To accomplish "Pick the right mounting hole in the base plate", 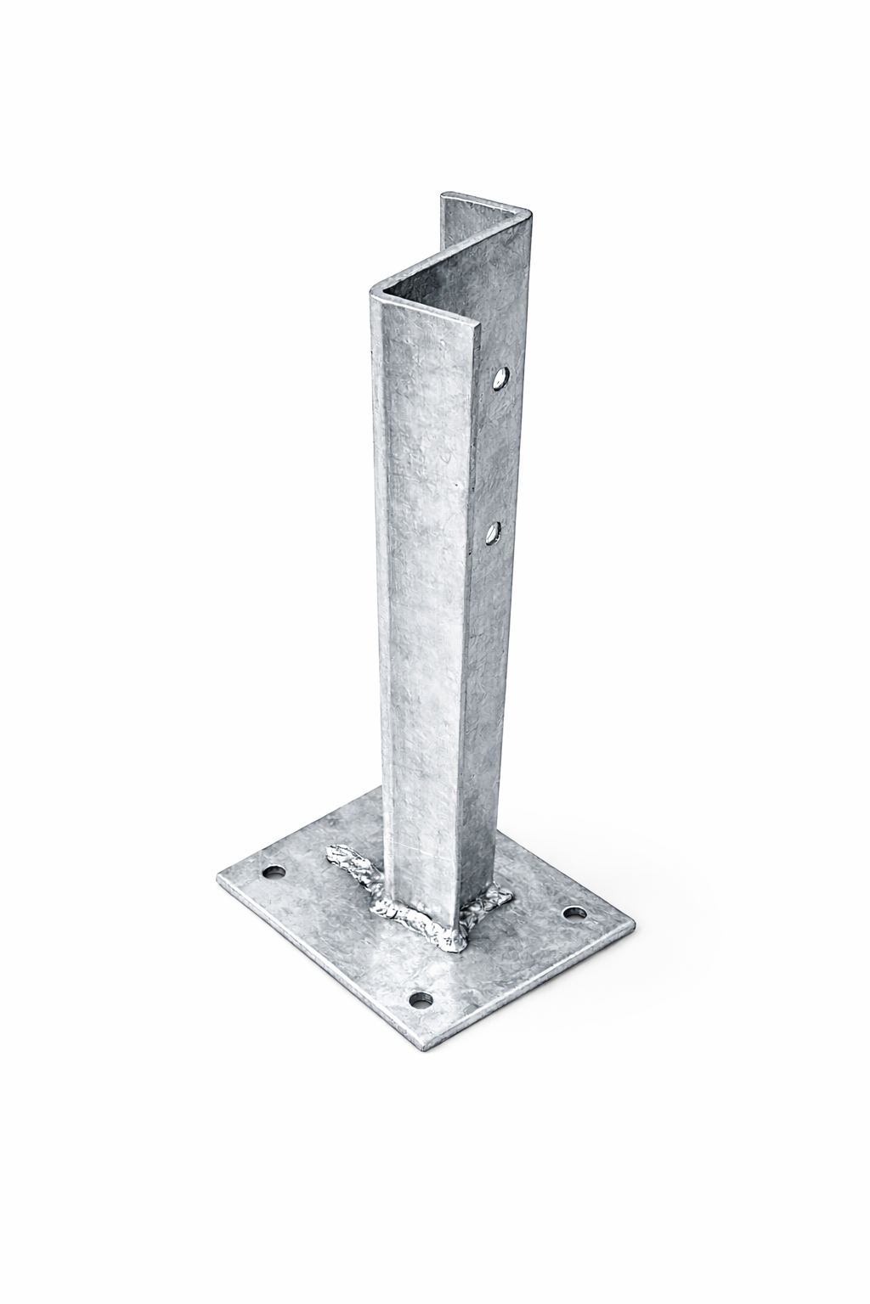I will click(577, 915).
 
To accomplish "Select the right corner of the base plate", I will click(632, 925).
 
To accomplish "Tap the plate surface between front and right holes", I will click(501, 964).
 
